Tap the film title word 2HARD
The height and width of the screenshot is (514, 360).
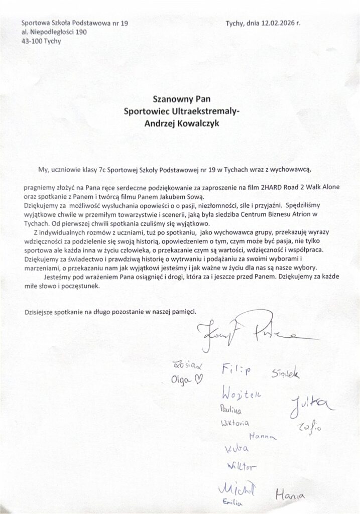click(x=270, y=188)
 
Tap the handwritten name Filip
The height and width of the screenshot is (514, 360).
click(x=235, y=370)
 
